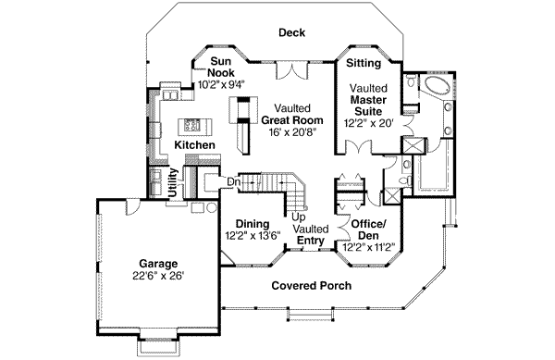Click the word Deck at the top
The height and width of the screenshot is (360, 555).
[x=293, y=33]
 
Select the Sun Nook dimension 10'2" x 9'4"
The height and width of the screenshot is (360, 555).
[x=220, y=84]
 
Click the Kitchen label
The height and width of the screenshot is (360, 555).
[x=195, y=146]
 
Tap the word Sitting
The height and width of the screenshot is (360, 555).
[x=364, y=65]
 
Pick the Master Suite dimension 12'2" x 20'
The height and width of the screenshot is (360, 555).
[x=370, y=120]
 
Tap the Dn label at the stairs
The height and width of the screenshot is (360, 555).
[x=234, y=181]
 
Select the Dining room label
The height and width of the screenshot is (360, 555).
[x=252, y=224]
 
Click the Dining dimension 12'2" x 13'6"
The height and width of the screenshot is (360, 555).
[x=252, y=235]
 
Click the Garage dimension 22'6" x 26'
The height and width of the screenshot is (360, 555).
[x=157, y=275]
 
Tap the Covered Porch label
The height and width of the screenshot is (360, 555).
[x=311, y=286]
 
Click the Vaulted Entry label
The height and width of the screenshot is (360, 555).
[x=310, y=235]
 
